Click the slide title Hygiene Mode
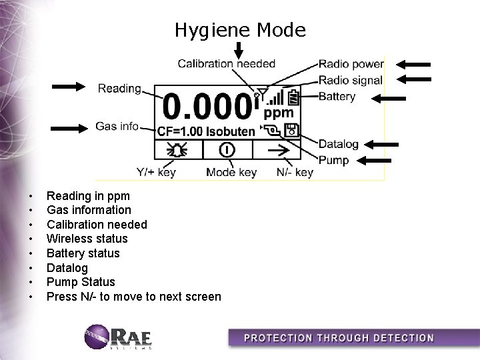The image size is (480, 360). click(240, 30)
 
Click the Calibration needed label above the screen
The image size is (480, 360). click(226, 64)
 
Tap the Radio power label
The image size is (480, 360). click(351, 65)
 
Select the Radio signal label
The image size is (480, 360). click(351, 80)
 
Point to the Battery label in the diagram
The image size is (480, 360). click(337, 97)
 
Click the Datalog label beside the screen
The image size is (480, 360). click(339, 144)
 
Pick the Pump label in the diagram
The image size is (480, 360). click(333, 160)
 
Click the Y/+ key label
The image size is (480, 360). click(156, 173)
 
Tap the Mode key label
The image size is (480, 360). click(231, 173)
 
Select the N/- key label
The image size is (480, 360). click(294, 173)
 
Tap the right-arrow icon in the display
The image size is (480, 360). click(277, 149)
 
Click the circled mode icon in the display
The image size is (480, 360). click(228, 149)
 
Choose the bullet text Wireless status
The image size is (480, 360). click(87, 239)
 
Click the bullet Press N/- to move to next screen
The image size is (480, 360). click(133, 297)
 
